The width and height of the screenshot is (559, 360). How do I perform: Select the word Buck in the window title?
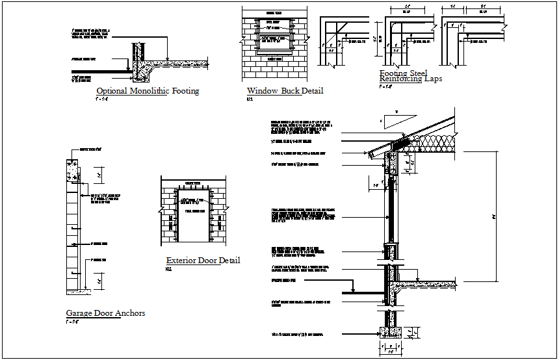(x=291, y=91)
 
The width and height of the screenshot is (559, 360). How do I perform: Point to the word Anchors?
(x=130, y=313)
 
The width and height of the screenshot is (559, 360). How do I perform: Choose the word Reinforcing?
(x=401, y=79)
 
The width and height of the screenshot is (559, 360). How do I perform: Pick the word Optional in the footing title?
(x=111, y=92)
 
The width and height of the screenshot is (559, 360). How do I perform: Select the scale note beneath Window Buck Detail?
(x=249, y=99)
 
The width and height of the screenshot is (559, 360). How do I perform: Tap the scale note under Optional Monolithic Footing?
(x=101, y=100)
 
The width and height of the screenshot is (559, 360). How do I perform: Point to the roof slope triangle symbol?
(x=393, y=121)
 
